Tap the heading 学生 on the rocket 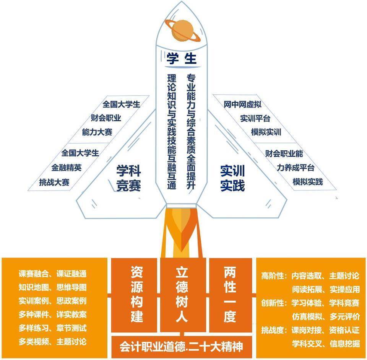(181, 58)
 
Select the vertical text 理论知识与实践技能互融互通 (172, 131)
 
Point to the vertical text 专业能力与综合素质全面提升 (191, 131)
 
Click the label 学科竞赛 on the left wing (128, 178)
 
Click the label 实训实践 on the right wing (232, 178)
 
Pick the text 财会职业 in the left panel (106, 118)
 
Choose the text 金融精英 (67, 168)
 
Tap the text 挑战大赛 (54, 182)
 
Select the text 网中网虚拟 (242, 104)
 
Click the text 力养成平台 (296, 168)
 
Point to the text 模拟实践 (307, 181)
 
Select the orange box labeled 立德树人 (183, 295)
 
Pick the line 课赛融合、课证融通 (53, 274)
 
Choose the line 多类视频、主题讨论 (53, 342)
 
